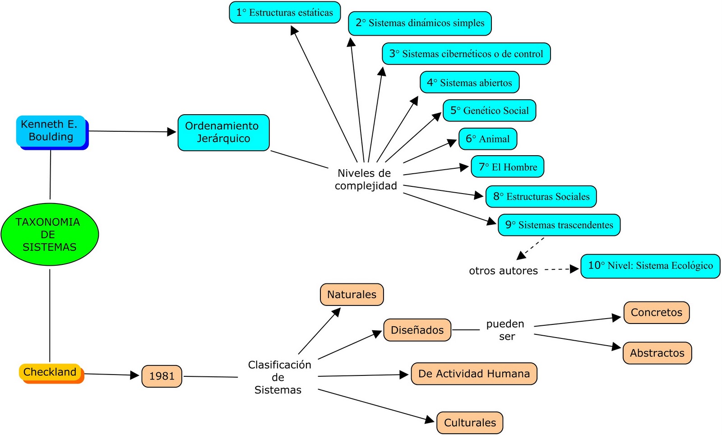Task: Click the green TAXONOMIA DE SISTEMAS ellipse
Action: pyautogui.click(x=50, y=234)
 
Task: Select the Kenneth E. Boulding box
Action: pyautogui.click(x=51, y=131)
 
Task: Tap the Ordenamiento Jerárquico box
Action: pyautogui.click(x=223, y=132)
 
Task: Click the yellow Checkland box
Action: pyautogui.click(x=51, y=372)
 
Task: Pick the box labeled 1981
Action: pyautogui.click(x=162, y=376)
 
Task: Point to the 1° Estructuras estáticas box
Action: pyautogui.click(x=285, y=13)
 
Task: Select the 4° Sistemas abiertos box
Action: pyautogui.click(x=469, y=83)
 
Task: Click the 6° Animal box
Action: pyautogui.click(x=488, y=139)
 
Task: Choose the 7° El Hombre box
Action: pyautogui.click(x=508, y=167)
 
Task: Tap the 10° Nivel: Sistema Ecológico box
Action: pyautogui.click(x=650, y=266)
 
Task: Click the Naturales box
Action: pyautogui.click(x=352, y=295)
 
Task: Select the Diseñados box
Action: pyautogui.click(x=417, y=330)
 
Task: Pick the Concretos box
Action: pyautogui.click(x=656, y=312)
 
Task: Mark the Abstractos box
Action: pyautogui.click(x=657, y=353)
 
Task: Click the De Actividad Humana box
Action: pyautogui.click(x=474, y=374)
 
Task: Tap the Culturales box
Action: pyautogui.click(x=470, y=423)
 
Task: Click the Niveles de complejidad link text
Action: pyautogui.click(x=366, y=180)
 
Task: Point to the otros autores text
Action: pyautogui.click(x=503, y=271)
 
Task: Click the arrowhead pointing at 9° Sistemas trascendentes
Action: pyautogui.click(x=492, y=222)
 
